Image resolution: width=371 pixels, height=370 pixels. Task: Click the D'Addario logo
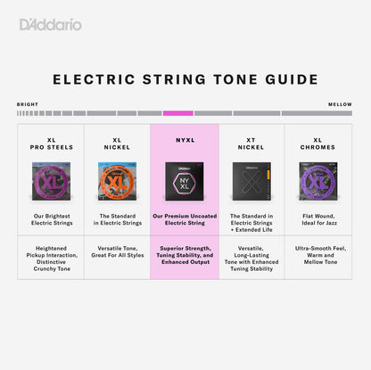(x=51, y=24)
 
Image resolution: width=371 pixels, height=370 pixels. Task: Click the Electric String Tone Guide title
(x=185, y=79)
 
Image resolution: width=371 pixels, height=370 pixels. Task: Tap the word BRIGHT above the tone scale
(x=28, y=104)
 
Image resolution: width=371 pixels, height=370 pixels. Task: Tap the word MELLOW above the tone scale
(x=339, y=104)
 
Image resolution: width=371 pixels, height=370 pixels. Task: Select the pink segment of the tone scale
(x=178, y=113)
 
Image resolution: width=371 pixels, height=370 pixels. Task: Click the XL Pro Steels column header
(x=51, y=143)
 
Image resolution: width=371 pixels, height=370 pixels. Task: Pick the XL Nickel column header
(x=117, y=143)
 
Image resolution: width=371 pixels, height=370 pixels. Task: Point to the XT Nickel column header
(x=251, y=143)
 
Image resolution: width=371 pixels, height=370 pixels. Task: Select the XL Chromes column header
(x=317, y=143)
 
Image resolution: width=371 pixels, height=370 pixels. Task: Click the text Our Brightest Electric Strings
(x=51, y=219)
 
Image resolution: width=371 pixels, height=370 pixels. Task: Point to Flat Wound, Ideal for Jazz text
(x=317, y=219)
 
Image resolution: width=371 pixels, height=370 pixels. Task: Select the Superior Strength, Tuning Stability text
(x=184, y=255)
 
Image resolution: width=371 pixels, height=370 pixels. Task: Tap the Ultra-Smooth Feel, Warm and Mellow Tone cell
(x=317, y=255)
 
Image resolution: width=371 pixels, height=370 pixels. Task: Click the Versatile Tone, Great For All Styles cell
(x=117, y=255)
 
